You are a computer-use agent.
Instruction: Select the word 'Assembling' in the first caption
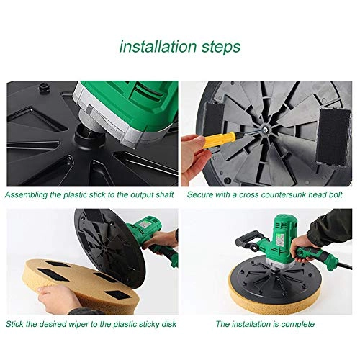click(x=30, y=194)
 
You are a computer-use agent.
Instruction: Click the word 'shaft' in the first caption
click(x=163, y=194)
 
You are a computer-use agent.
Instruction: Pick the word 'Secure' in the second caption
click(x=201, y=194)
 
